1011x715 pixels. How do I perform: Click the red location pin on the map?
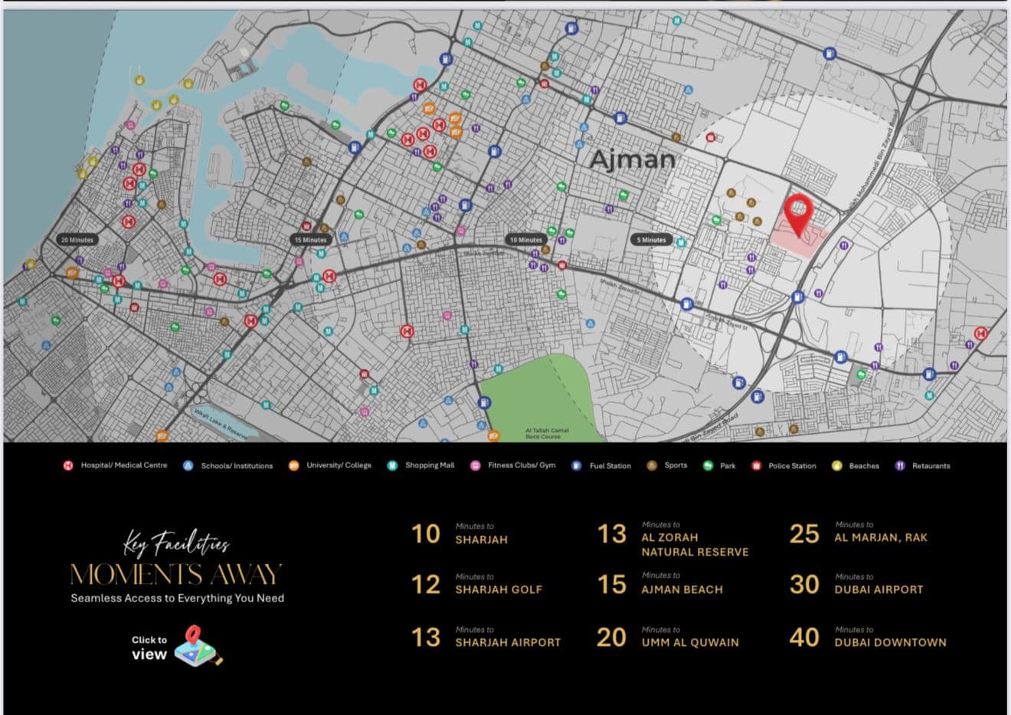pyautogui.click(x=798, y=213)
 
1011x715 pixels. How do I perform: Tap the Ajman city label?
pyautogui.click(x=632, y=159)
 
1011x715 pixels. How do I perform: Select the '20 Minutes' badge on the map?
pyautogui.click(x=77, y=240)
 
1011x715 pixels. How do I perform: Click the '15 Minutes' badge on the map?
pyautogui.click(x=310, y=240)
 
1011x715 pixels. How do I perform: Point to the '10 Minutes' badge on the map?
pyautogui.click(x=525, y=240)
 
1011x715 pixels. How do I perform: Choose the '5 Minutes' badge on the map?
pyautogui.click(x=652, y=240)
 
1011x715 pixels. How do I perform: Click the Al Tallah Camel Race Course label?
pyautogui.click(x=547, y=433)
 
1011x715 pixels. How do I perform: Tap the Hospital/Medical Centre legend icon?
pyautogui.click(x=68, y=465)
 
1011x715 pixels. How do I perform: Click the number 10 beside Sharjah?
pyautogui.click(x=426, y=534)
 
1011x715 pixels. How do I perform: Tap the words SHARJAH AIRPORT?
pyautogui.click(x=508, y=642)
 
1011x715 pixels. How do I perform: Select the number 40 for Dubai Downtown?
pyautogui.click(x=804, y=638)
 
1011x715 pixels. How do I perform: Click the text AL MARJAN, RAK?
pyautogui.click(x=880, y=537)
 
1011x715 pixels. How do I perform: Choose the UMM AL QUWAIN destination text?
pyautogui.click(x=690, y=642)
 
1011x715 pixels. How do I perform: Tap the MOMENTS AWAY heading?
pyautogui.click(x=176, y=575)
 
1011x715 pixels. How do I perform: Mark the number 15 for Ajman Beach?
pyautogui.click(x=611, y=585)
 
